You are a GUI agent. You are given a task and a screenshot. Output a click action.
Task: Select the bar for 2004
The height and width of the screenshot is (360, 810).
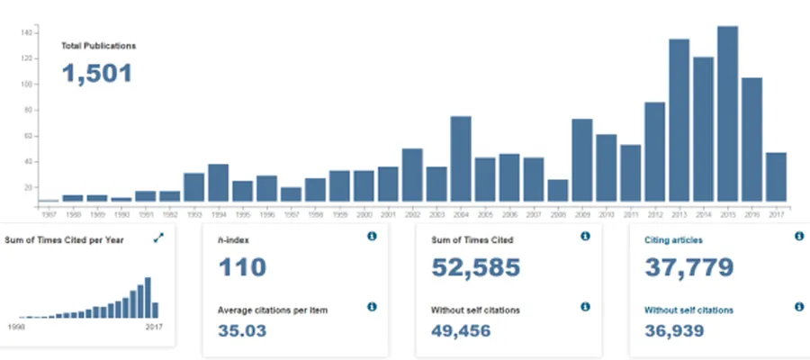[x=461, y=158]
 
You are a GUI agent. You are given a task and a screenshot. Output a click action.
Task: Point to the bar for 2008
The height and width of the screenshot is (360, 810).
[x=558, y=190]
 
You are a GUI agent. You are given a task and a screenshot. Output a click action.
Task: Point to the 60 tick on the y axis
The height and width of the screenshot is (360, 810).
[x=27, y=136]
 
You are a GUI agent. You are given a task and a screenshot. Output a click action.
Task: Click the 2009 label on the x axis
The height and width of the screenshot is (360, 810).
[x=582, y=213]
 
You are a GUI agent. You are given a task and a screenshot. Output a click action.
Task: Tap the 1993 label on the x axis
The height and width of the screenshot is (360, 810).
[x=193, y=213]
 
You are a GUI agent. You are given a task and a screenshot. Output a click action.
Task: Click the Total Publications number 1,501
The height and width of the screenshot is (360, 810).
[x=97, y=73]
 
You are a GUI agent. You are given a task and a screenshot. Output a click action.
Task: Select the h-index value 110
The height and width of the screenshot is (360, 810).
[x=242, y=268]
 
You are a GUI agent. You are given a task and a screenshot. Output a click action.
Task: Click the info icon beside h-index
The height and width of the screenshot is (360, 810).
[x=372, y=237]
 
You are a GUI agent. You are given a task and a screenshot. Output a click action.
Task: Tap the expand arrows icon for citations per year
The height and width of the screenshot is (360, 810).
[x=159, y=238]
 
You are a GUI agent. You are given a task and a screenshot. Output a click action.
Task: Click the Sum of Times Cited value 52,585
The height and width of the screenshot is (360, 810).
[x=476, y=268]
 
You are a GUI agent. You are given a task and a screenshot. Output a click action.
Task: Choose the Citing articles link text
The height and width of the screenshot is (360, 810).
[x=674, y=240]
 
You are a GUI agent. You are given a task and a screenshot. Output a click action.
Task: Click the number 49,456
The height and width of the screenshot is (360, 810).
[x=469, y=330]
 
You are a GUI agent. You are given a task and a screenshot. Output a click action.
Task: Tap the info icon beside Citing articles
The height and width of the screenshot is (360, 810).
[x=798, y=237]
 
